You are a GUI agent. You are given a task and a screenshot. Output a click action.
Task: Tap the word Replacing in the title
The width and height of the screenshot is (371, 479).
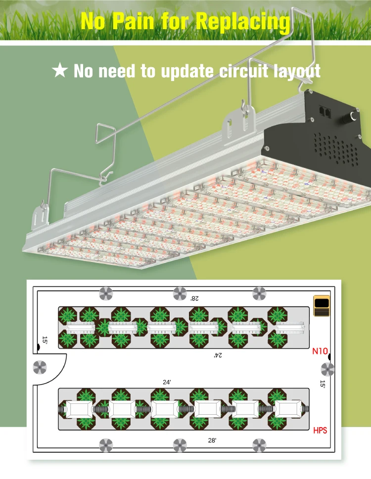[242, 21]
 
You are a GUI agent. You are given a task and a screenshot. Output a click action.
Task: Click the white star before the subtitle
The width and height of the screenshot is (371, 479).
[60, 70]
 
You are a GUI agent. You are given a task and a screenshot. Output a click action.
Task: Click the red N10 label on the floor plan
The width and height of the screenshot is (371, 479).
[320, 352]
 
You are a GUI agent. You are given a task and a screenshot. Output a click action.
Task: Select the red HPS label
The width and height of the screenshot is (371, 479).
[320, 431]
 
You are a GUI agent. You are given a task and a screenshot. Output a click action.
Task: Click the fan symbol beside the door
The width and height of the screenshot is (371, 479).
[40, 367]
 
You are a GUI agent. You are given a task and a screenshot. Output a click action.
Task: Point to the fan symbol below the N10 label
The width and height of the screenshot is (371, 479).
[327, 369]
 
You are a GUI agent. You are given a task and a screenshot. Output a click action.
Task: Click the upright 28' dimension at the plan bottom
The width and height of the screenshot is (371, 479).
[212, 440]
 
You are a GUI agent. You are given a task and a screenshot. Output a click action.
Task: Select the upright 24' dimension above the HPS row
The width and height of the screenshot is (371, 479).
[167, 382]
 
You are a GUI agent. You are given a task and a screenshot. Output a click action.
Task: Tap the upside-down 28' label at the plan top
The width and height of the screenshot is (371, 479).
[194, 298]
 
